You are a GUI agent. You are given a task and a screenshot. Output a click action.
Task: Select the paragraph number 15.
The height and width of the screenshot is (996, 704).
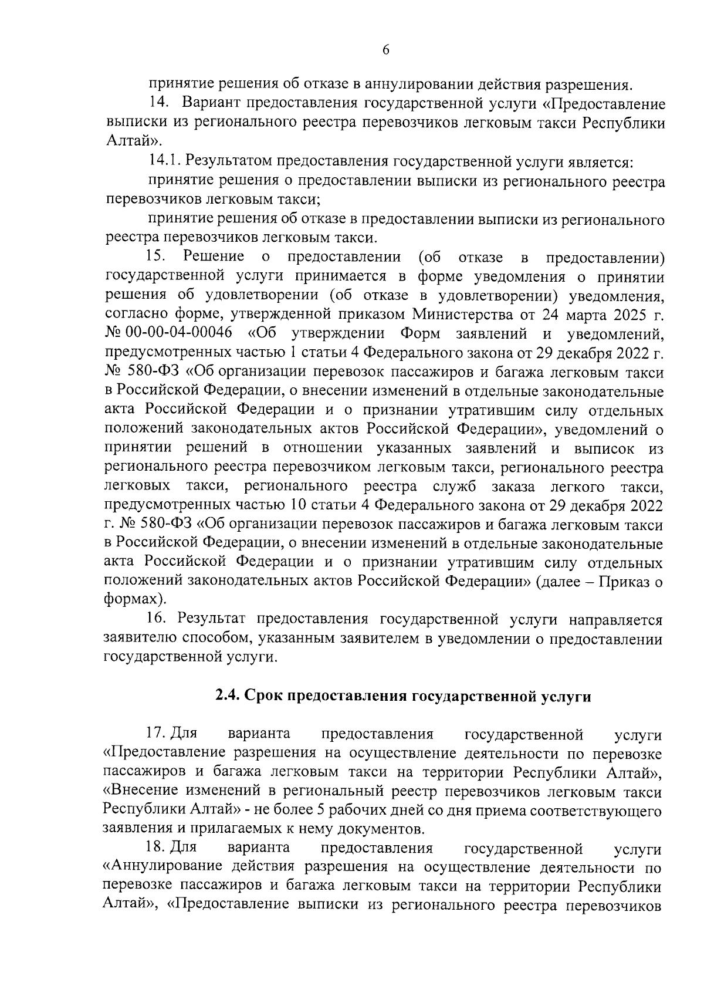[x=157, y=256]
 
